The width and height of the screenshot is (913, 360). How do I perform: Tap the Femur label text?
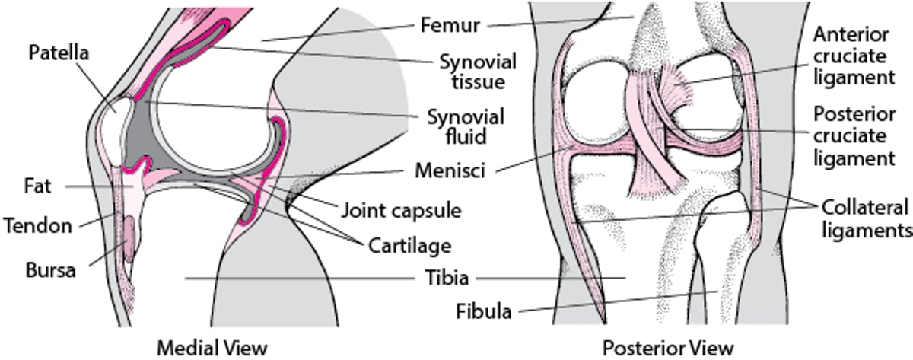point(450,25)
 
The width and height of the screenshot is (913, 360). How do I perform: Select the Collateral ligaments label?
point(866,218)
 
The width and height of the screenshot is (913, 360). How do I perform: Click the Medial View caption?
point(212,348)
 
